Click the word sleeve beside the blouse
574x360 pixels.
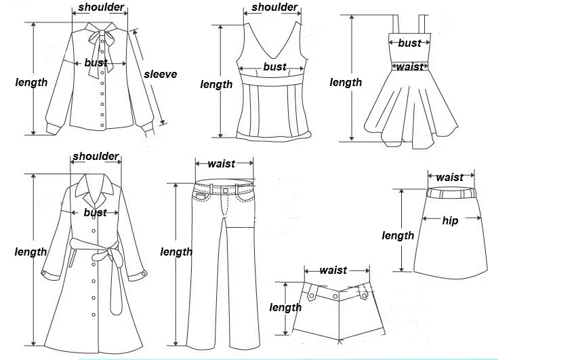tap(160, 74)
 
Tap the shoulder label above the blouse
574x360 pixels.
tap(101, 8)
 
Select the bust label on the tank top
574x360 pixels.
tap(274, 67)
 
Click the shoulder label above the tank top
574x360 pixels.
tap(274, 8)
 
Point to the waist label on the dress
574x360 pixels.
tap(409, 66)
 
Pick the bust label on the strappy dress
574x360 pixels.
tap(409, 43)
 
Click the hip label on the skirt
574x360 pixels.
tap(450, 220)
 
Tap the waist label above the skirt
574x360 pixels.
tap(450, 178)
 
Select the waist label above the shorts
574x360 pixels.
tap(333, 271)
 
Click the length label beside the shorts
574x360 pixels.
tap(285, 308)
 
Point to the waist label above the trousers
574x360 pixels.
tap(222, 163)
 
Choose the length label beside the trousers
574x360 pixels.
tap(176, 252)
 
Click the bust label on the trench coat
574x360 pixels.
tap(96, 213)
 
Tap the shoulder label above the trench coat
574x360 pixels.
tap(96, 157)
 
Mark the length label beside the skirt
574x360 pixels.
tap(398, 236)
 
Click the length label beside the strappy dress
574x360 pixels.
tap(346, 83)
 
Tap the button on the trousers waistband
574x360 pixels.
tap(226, 191)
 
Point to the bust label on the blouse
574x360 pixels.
tap(96, 63)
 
